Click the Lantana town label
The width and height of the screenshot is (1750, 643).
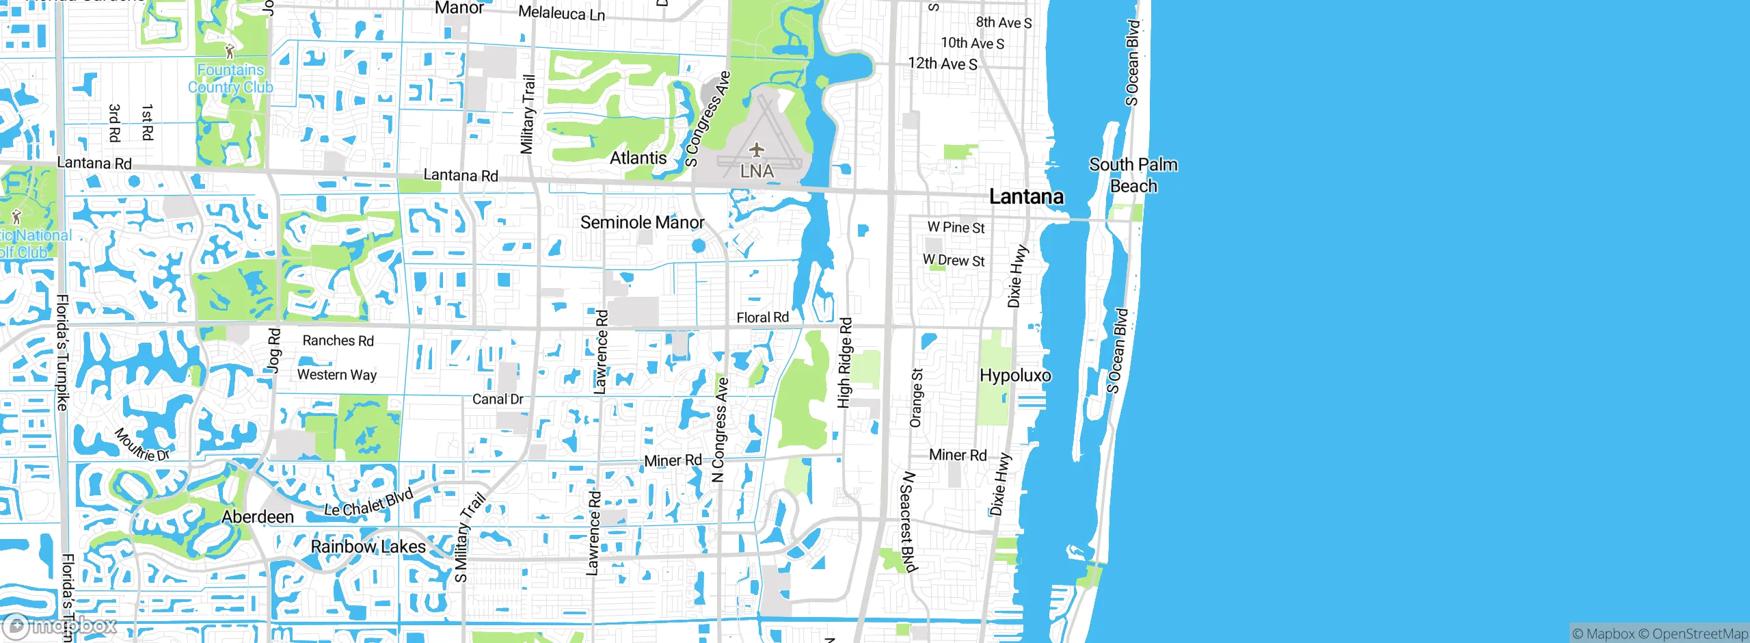[1026, 197]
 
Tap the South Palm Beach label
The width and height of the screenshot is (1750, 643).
[1133, 175]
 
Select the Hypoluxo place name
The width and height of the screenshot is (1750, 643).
[1015, 375]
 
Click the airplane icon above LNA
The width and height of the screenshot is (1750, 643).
[757, 149]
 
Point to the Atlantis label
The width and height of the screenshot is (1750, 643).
[638, 158]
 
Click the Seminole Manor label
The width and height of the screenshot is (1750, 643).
[642, 222]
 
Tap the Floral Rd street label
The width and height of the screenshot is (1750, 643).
[762, 317]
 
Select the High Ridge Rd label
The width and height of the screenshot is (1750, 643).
[845, 363]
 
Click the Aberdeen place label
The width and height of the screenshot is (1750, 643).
[258, 516]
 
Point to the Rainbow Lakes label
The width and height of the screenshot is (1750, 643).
[368, 547]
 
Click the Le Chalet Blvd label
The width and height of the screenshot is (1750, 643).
[368, 503]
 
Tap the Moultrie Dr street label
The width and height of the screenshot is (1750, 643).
[142, 445]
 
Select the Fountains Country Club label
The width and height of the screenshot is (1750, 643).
[230, 78]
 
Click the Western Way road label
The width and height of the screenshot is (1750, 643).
[336, 375]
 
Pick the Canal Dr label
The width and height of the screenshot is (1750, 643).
[498, 399]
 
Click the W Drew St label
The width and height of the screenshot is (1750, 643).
[954, 260]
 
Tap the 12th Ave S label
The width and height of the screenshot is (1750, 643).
[942, 64]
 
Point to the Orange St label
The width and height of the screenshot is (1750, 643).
[916, 397]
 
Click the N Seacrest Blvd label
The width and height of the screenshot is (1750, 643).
[907, 521]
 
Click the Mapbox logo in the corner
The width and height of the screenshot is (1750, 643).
[60, 625]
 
